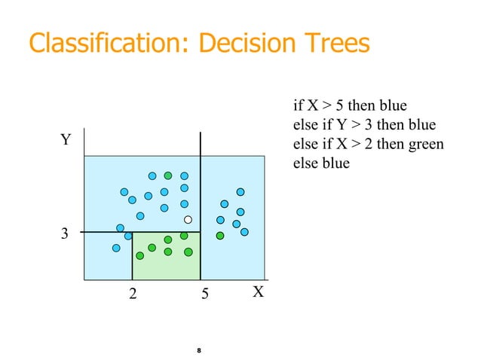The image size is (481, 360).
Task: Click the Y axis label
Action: [x=66, y=140]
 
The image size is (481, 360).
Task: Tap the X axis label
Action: [x=258, y=292]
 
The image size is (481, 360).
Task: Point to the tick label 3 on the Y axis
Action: [x=64, y=234]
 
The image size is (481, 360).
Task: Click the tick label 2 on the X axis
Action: [x=133, y=294]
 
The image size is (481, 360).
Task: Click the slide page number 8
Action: [x=198, y=351]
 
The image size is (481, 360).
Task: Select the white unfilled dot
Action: [x=188, y=220]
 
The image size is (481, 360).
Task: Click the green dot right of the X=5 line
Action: [x=220, y=236]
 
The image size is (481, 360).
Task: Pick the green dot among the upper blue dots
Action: [x=168, y=175]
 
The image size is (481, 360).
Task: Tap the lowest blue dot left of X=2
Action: [x=116, y=248]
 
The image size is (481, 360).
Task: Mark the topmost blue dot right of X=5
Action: [x=240, y=192]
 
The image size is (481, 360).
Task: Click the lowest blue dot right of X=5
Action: [x=244, y=232]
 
